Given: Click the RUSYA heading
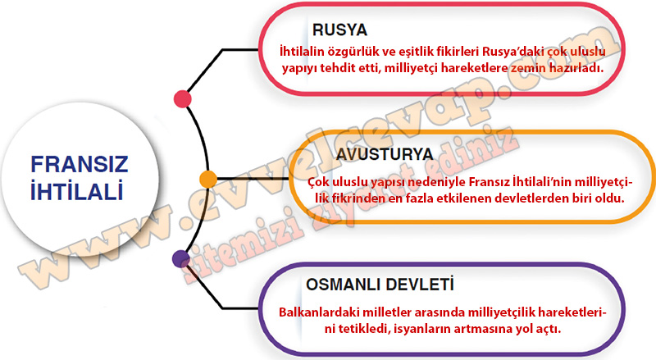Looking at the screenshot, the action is (339, 30).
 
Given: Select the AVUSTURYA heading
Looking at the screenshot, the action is (385, 154).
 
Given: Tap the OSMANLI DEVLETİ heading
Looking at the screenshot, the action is (380, 285).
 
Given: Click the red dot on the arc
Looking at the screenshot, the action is (183, 99).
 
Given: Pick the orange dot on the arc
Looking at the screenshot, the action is (208, 179).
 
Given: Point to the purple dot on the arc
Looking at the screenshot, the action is (181, 258).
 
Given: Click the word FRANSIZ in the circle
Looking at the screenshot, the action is (80, 164).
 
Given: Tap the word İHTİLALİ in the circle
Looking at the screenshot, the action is (77, 191).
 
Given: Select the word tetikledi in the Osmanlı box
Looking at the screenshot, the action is (362, 329).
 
